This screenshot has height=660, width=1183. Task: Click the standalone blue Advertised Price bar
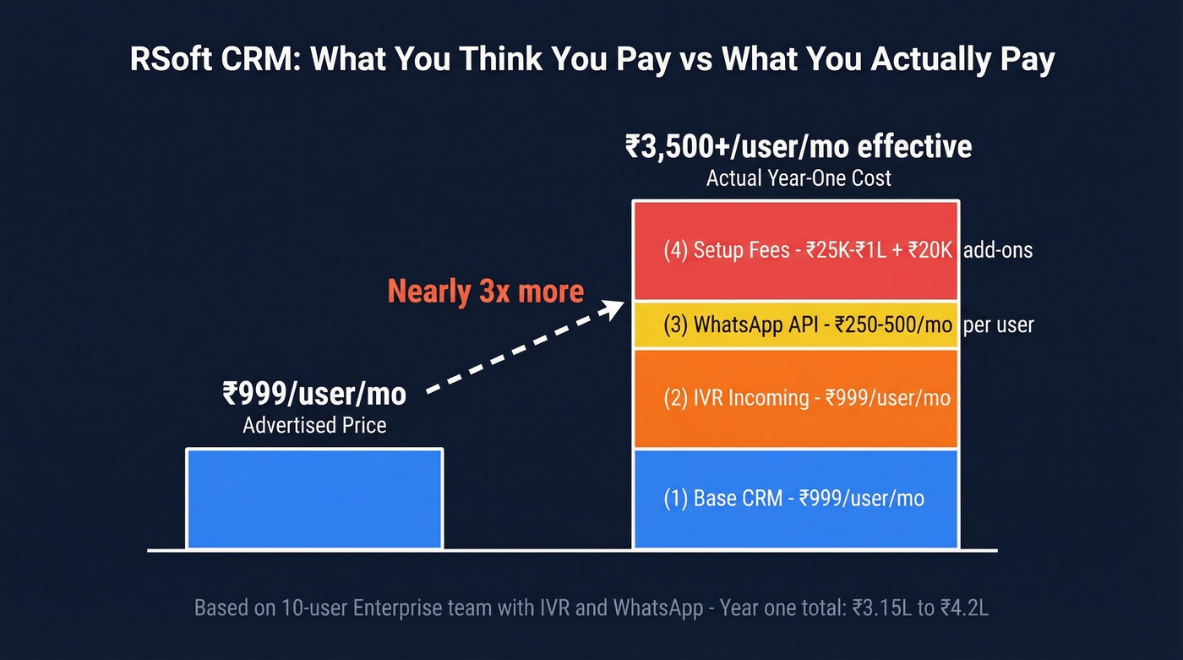click(314, 499)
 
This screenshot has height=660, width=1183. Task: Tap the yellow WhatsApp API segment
click(795, 325)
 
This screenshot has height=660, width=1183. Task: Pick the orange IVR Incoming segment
click(795, 398)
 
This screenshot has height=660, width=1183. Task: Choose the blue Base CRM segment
click(795, 499)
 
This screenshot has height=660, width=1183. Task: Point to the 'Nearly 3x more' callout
click(485, 292)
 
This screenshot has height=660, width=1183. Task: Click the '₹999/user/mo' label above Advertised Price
click(314, 394)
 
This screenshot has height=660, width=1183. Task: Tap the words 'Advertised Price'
click(314, 425)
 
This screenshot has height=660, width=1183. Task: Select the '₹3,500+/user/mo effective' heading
click(799, 147)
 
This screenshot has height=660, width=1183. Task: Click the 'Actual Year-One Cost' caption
click(799, 178)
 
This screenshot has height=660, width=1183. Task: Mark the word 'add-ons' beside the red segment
click(998, 251)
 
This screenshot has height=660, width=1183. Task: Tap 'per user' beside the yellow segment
click(998, 325)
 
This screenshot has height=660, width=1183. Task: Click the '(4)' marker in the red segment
click(675, 251)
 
